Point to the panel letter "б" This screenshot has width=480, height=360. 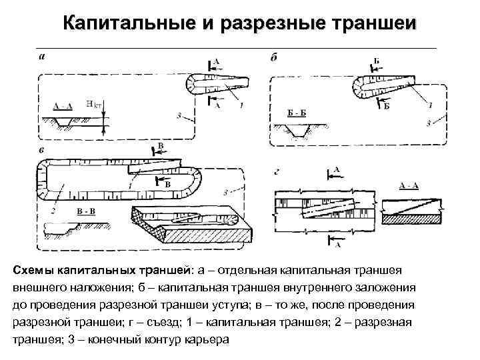(x=273, y=57)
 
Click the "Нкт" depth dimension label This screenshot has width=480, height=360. (x=94, y=104)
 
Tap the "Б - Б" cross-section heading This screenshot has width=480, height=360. (x=297, y=114)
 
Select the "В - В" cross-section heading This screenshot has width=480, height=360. (x=86, y=211)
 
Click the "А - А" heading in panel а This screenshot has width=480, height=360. (x=62, y=105)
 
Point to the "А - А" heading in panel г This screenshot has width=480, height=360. (x=407, y=184)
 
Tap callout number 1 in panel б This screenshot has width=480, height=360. (x=431, y=105)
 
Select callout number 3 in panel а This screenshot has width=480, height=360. (x=179, y=116)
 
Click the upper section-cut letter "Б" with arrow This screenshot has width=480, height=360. (x=376, y=62)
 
